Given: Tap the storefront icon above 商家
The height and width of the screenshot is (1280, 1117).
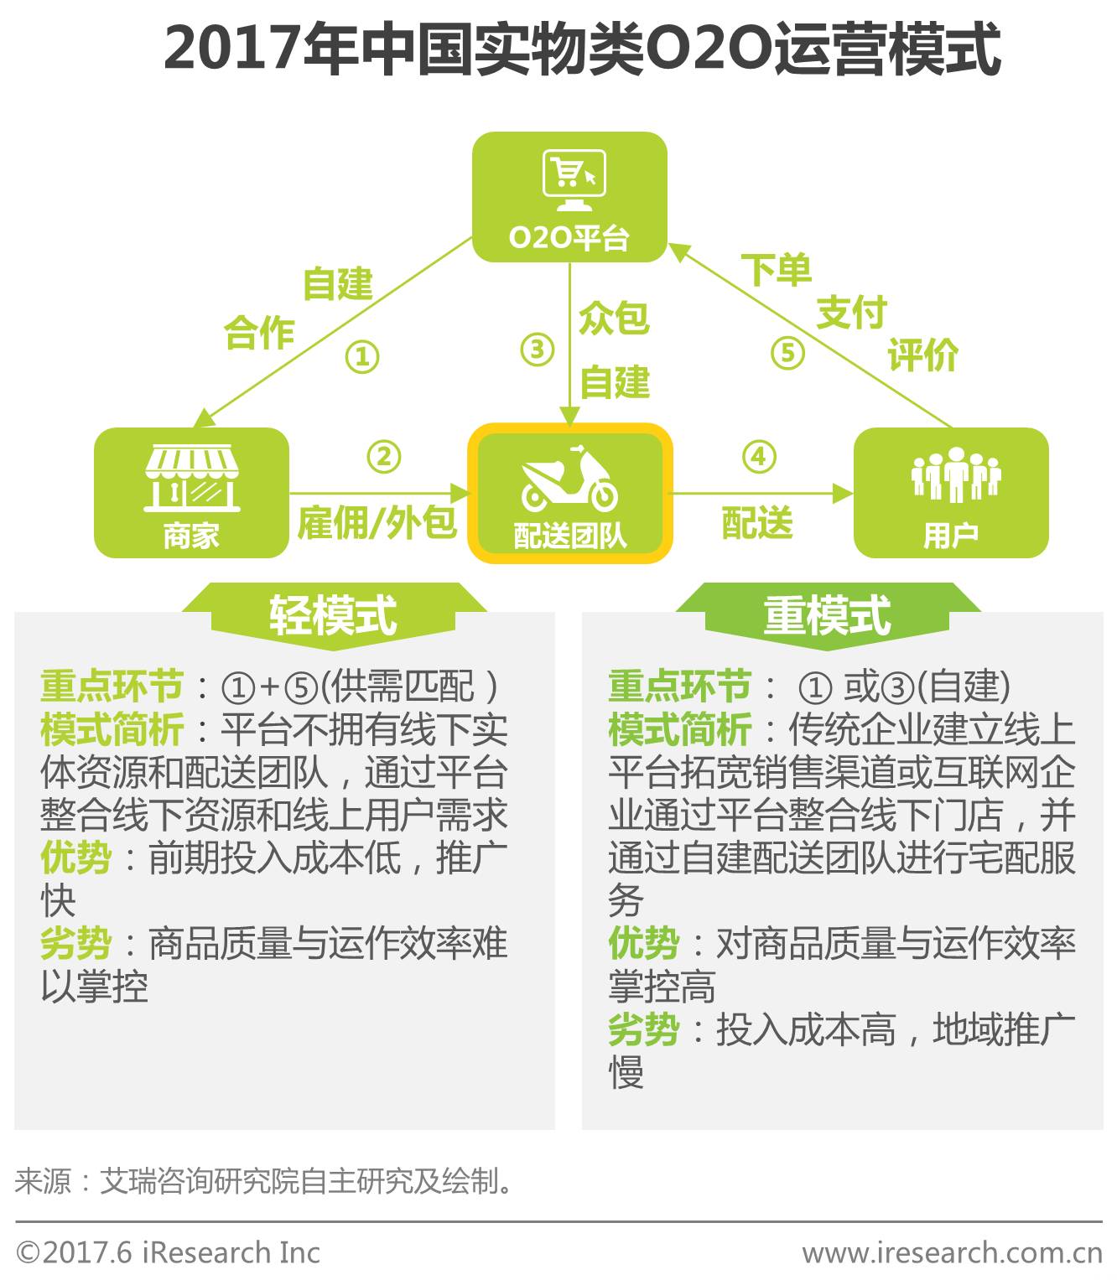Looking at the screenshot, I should (x=192, y=479).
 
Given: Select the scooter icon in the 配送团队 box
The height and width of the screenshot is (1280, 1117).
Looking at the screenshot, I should (x=569, y=481).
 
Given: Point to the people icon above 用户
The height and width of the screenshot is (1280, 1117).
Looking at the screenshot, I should (x=955, y=474).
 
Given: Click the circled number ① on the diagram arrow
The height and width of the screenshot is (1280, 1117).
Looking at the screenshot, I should (x=362, y=357).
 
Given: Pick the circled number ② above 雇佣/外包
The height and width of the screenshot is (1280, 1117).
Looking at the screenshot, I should (x=383, y=457).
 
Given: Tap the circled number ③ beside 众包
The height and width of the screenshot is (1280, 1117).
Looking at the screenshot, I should (x=537, y=350).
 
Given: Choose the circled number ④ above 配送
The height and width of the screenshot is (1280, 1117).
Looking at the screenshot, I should (x=759, y=457).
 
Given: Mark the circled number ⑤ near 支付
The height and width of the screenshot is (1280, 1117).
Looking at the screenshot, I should (x=787, y=353).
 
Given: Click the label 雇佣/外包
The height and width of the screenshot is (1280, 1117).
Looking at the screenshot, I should (x=377, y=523).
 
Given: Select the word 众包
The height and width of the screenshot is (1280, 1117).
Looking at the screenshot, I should (x=614, y=319).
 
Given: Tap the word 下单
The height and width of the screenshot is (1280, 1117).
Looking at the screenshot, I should (x=776, y=270).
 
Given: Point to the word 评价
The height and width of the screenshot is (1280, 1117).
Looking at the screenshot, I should (x=922, y=355).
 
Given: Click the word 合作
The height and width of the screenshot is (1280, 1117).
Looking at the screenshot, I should (x=259, y=333).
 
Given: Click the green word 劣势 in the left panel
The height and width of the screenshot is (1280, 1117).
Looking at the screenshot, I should (x=75, y=944).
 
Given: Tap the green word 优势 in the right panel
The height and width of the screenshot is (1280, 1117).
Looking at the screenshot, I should (x=643, y=944).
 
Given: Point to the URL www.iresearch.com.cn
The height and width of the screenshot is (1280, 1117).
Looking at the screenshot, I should (x=952, y=1253).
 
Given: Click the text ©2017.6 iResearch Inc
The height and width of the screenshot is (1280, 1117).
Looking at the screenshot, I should (x=169, y=1253).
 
